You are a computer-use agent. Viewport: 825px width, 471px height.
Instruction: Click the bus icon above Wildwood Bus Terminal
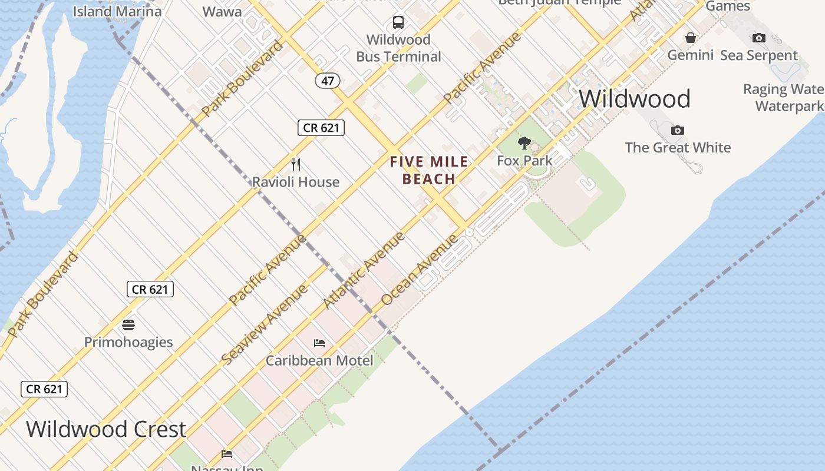coord(398,22)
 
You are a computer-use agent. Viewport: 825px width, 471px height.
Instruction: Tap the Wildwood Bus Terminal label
coord(398,48)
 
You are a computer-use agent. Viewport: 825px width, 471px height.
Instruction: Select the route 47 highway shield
coord(328,80)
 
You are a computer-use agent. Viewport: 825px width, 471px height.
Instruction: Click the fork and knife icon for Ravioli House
coord(296,165)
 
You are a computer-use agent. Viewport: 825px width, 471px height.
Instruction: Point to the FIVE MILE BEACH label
coord(430,170)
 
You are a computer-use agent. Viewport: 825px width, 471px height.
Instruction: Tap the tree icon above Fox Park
coord(524,143)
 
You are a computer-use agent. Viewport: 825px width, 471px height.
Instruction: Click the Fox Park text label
coord(524,160)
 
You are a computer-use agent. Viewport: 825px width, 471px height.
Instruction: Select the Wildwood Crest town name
coord(106,429)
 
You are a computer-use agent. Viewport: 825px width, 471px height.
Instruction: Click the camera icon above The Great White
coord(678,130)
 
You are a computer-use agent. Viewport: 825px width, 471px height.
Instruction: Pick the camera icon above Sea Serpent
coord(759,38)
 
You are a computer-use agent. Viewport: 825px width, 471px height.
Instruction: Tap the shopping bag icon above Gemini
coord(691,38)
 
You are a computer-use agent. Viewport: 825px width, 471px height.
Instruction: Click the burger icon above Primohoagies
coord(128,324)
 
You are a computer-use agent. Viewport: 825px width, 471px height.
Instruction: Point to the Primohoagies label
coord(128,342)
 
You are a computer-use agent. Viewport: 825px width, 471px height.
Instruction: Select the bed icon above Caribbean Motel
coord(319,343)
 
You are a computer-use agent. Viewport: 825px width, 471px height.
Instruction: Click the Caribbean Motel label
coord(319,360)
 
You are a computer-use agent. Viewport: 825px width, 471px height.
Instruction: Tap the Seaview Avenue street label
coord(265,324)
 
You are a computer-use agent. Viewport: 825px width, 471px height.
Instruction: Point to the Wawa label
coord(222,11)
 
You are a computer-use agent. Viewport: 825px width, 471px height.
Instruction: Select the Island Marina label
coord(117,11)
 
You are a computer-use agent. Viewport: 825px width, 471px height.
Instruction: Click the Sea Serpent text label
coord(759,55)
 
